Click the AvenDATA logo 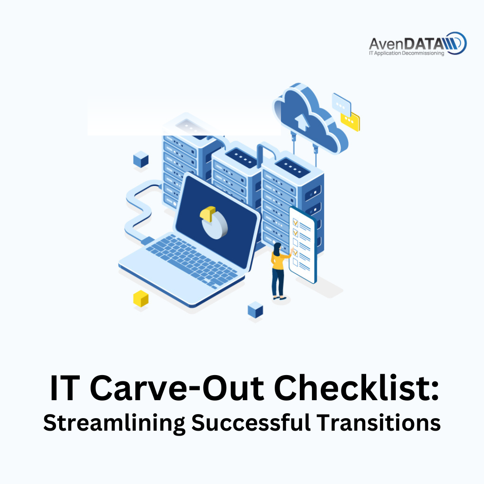(x=418, y=43)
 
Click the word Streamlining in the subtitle (x=114, y=423)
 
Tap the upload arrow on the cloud (x=302, y=121)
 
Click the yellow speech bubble (x=350, y=121)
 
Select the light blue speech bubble (x=341, y=104)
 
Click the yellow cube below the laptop (x=141, y=298)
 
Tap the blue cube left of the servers (x=141, y=159)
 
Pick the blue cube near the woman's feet (x=255, y=310)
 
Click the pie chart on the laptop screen (x=214, y=223)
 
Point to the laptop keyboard (x=192, y=261)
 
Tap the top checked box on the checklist (x=295, y=222)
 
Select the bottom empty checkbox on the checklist (x=295, y=262)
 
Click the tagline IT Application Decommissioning (x=406, y=53)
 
